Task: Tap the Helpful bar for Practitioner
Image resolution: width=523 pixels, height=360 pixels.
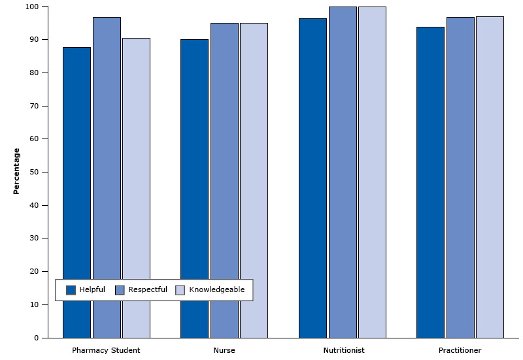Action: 430,182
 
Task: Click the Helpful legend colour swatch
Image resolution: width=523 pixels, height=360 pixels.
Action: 71,290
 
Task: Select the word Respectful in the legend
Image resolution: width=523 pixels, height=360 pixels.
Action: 148,290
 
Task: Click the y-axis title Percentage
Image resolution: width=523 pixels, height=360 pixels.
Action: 17,171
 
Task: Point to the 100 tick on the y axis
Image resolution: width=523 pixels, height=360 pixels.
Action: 32,7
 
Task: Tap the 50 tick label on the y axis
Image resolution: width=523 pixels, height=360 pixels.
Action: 34,172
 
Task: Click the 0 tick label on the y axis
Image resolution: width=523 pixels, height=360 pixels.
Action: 37,338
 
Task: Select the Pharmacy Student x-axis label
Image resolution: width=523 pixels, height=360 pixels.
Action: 106,350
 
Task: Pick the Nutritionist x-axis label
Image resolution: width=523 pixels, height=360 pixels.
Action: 343,350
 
